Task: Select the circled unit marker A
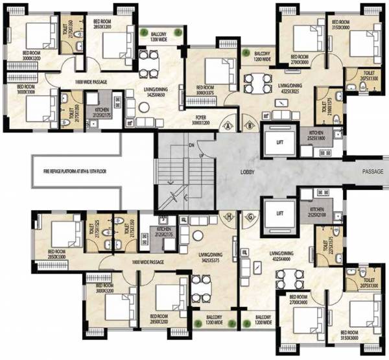pyautogui.click(x=229, y=126)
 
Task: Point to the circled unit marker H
pyautogui.click(x=229, y=217)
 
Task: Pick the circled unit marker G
pyautogui.click(x=250, y=217)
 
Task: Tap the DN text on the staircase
pyautogui.click(x=192, y=145)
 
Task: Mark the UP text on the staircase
pyautogui.click(x=202, y=156)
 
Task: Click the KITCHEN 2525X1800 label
pyautogui.click(x=320, y=134)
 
